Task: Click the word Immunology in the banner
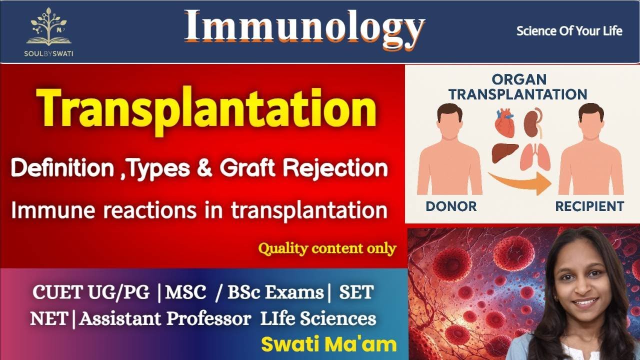(x=304, y=27)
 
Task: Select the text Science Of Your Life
(x=569, y=31)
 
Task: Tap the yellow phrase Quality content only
(x=327, y=248)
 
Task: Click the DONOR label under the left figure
(x=451, y=205)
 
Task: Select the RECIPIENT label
(x=590, y=205)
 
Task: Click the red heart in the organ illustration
(x=504, y=123)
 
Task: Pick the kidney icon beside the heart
(x=532, y=122)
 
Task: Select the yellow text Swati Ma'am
(x=328, y=344)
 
